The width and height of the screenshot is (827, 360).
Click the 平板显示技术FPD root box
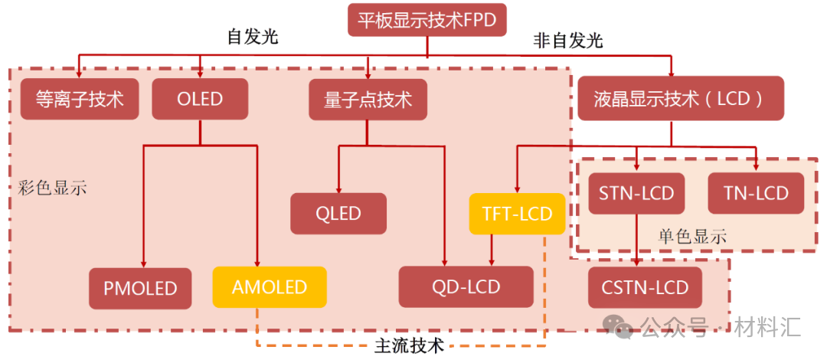click(427, 20)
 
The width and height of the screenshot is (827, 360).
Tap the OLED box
click(200, 99)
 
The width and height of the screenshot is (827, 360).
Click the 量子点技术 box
click(368, 99)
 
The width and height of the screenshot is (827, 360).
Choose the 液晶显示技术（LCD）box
click(680, 99)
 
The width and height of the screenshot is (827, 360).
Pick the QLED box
click(338, 214)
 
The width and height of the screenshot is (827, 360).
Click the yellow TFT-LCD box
click(517, 214)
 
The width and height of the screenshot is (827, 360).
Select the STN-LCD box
click(636, 192)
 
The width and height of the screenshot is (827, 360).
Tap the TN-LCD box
click(756, 192)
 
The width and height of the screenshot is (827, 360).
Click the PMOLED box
click(140, 288)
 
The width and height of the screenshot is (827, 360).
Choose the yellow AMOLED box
click(269, 287)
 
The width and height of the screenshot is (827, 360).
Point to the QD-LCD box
click(466, 287)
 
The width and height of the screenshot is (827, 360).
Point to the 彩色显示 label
click(52, 188)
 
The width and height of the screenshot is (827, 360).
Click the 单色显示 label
click(691, 237)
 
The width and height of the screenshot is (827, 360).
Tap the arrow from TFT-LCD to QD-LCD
click(491, 250)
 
